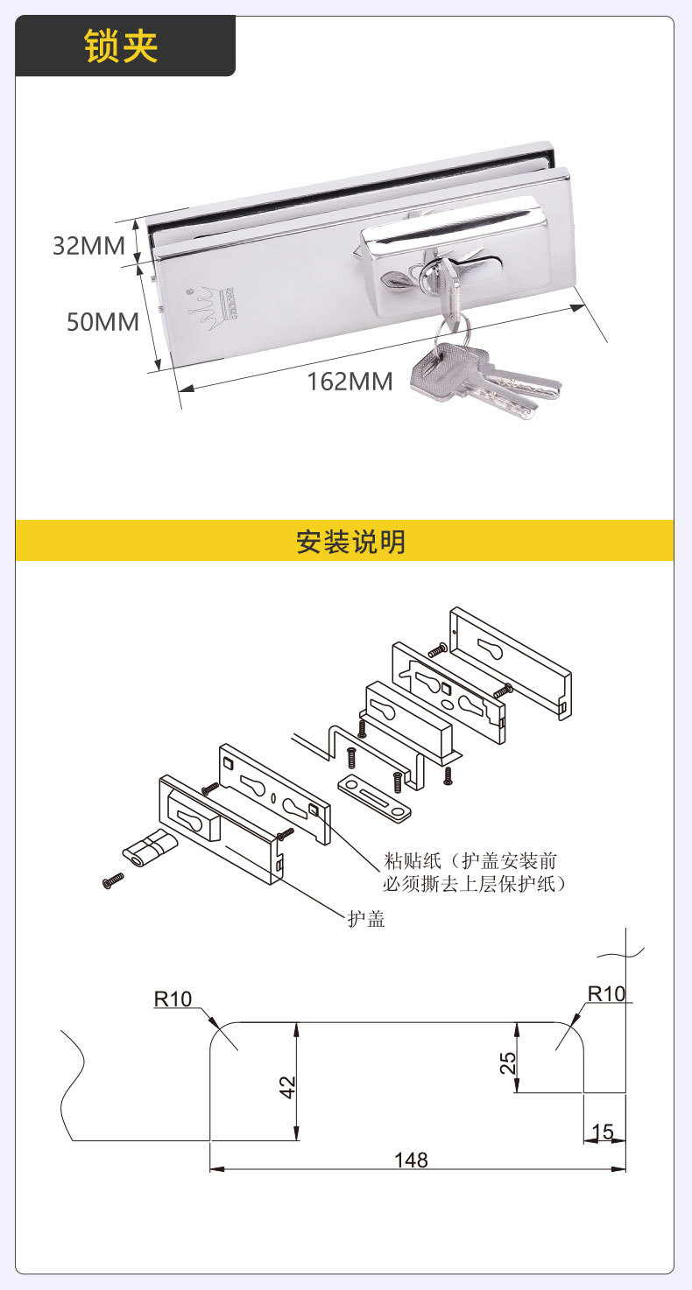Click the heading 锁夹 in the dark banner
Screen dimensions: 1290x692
pos(121,46)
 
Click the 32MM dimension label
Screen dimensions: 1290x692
pos(89,246)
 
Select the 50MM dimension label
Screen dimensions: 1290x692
pos(103,322)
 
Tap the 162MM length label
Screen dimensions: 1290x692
pos(350,382)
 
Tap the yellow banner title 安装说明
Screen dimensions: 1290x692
pos(350,542)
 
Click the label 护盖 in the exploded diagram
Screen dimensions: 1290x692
pos(366,919)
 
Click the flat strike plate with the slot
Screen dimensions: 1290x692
pos(374,796)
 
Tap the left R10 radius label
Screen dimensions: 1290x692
pos(173,999)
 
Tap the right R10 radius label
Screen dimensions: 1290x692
pos(606,993)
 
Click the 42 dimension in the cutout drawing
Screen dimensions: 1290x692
pos(287,1084)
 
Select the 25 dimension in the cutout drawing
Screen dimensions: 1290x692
pos(508,1062)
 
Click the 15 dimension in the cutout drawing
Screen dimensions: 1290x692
pos(603,1132)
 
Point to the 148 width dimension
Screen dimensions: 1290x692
pos(410,1160)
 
